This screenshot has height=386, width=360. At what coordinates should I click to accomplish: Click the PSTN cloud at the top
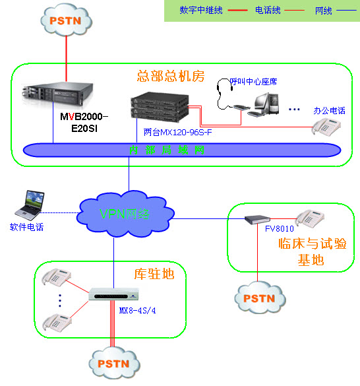[66, 20]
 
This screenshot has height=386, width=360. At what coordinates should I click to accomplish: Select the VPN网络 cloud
[125, 212]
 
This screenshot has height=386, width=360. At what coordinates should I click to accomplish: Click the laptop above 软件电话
[29, 205]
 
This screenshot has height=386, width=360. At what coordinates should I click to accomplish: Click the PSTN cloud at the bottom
[113, 363]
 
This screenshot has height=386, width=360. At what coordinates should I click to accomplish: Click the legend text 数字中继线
[200, 11]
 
